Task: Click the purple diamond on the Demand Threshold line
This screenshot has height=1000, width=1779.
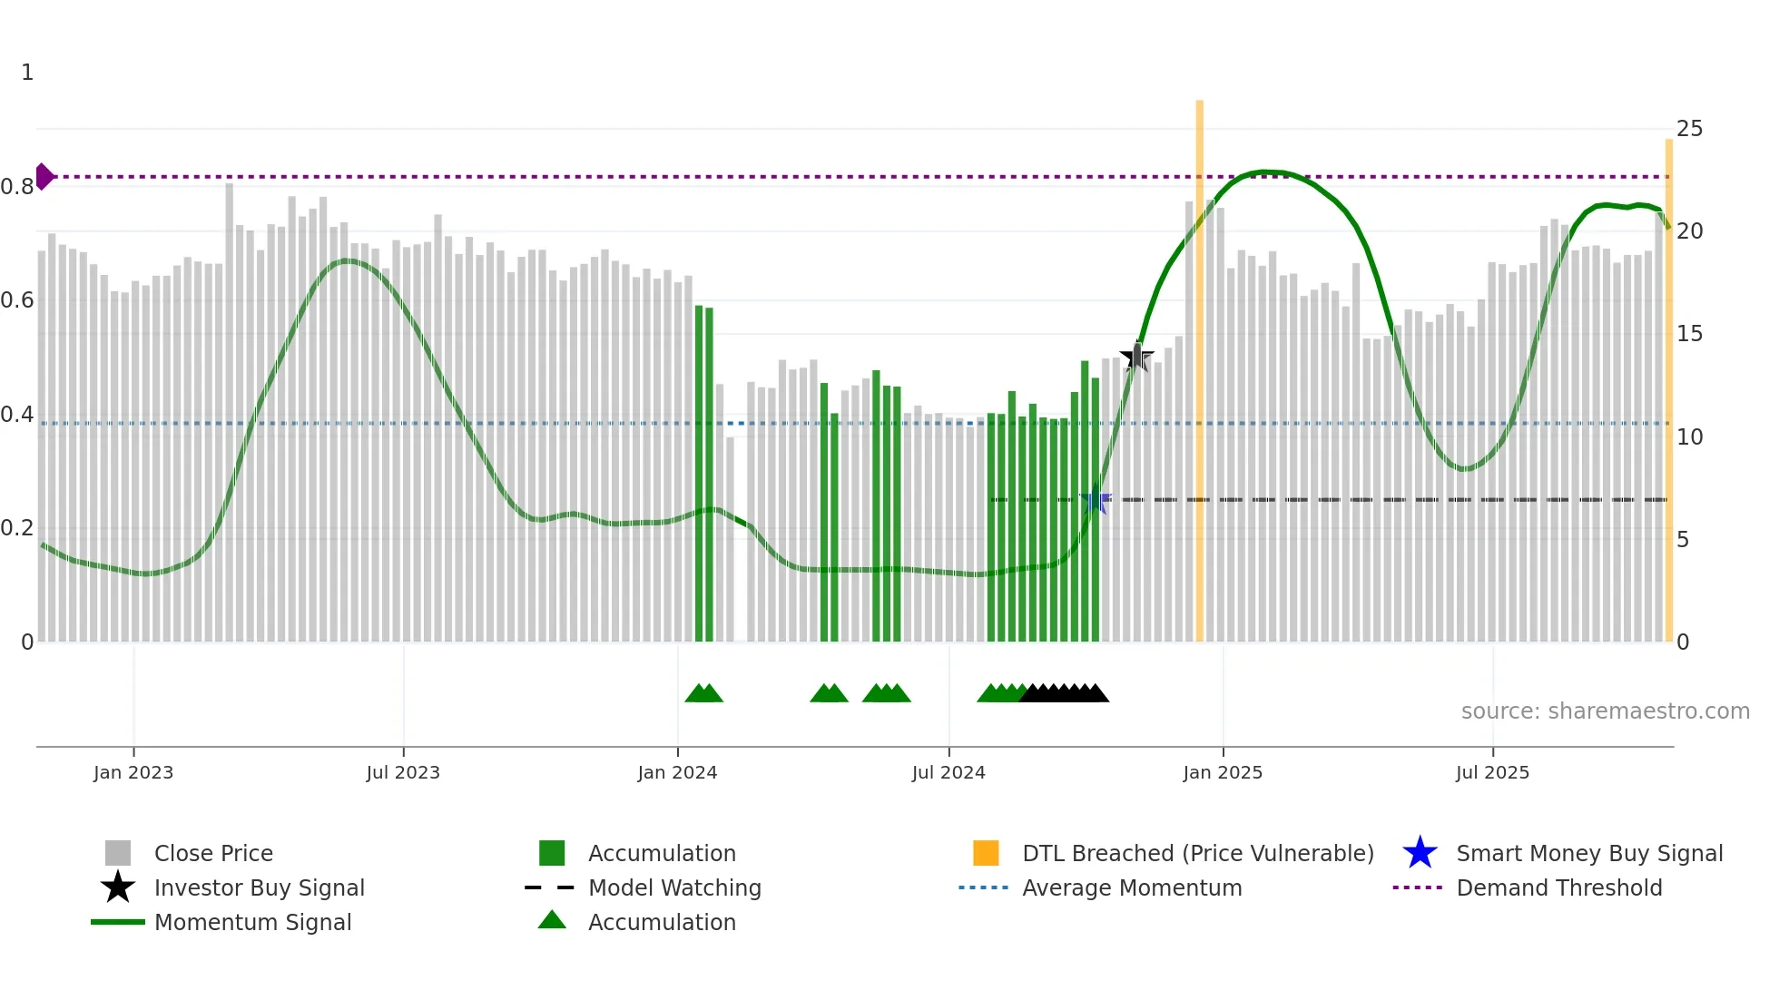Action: [x=44, y=176]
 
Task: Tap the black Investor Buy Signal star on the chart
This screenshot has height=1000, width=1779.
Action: [x=1136, y=357]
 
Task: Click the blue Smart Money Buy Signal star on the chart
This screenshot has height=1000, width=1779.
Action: [x=1095, y=500]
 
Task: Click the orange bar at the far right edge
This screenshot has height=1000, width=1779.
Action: [x=1668, y=390]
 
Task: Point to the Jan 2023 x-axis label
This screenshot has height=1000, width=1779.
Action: [x=133, y=773]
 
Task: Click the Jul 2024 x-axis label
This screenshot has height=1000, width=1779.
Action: [x=948, y=773]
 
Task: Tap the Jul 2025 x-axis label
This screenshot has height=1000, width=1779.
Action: [x=1492, y=773]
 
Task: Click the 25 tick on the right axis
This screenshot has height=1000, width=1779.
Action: [x=1689, y=129]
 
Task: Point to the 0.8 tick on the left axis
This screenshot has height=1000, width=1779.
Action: [x=18, y=187]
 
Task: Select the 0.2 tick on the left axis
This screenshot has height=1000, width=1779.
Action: [x=18, y=528]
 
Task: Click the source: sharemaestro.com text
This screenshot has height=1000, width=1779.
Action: [x=1605, y=711]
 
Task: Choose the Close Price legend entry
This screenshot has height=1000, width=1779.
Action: [x=213, y=854]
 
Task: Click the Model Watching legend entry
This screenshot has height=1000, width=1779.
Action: [x=674, y=888]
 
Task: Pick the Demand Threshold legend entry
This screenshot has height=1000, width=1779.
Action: [x=1558, y=888]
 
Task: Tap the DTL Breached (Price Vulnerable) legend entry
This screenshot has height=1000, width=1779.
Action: [x=1197, y=854]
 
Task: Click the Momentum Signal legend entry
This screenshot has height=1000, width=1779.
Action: [x=252, y=923]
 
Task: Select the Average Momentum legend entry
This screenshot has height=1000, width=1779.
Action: [x=1132, y=888]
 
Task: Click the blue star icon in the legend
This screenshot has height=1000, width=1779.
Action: [x=1420, y=853]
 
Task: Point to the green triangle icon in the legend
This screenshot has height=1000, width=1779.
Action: [x=552, y=920]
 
